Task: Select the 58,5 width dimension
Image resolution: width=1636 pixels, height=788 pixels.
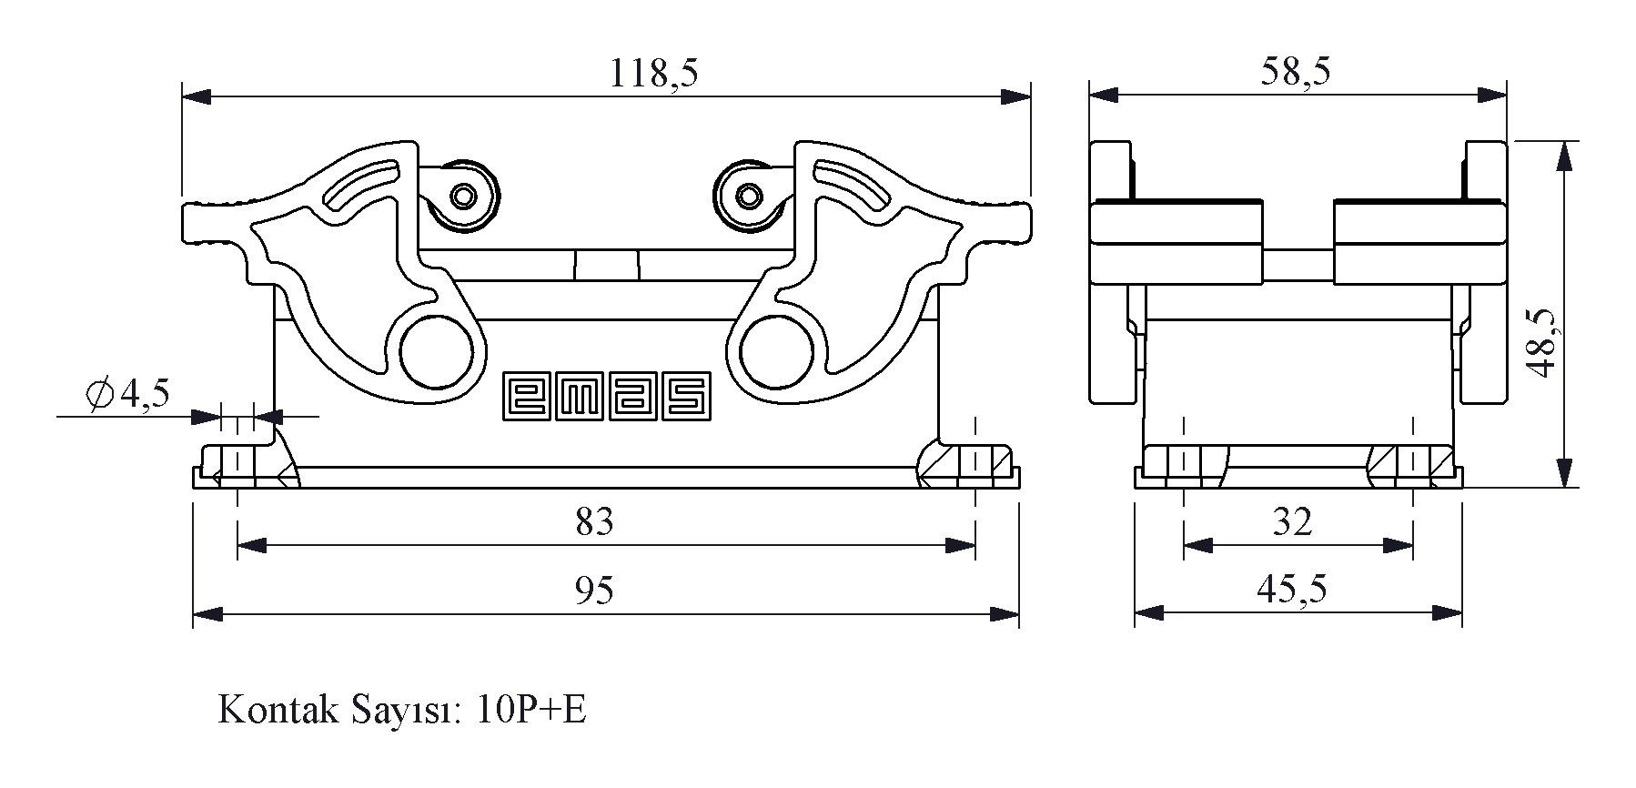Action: (1295, 71)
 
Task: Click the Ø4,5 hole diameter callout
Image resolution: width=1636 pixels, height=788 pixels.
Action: (127, 394)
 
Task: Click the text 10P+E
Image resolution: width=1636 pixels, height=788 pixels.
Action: (531, 711)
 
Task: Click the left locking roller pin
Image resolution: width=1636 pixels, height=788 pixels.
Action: (465, 196)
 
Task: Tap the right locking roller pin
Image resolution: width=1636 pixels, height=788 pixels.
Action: (749, 196)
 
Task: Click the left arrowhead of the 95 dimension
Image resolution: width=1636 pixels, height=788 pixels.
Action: (207, 615)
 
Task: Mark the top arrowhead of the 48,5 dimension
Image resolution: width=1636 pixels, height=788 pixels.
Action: (1563, 157)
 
